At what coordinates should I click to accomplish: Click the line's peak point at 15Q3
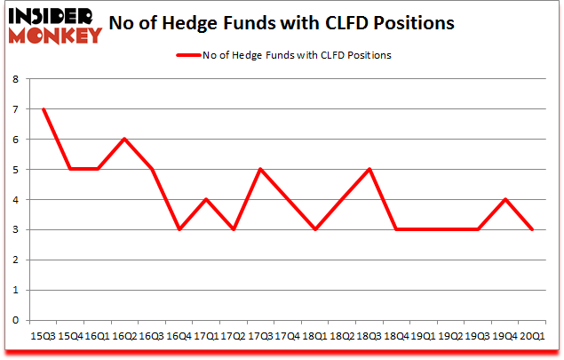click(x=43, y=108)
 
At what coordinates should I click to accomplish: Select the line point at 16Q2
click(x=125, y=139)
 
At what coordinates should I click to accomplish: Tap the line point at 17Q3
click(x=261, y=169)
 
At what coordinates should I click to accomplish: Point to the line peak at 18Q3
click(x=369, y=169)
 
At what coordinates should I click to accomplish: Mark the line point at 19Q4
click(x=505, y=199)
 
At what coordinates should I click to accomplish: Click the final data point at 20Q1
click(x=533, y=229)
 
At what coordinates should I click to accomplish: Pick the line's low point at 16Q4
click(x=179, y=229)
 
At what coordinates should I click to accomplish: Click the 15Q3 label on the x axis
click(x=43, y=336)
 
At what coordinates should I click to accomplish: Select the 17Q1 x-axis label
click(x=206, y=336)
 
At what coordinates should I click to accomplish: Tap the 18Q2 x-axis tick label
click(x=342, y=336)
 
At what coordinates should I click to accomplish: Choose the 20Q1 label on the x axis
click(x=533, y=336)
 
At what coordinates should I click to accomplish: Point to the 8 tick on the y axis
click(x=15, y=78)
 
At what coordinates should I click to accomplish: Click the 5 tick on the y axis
click(x=15, y=169)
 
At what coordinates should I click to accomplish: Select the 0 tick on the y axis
click(x=15, y=320)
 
